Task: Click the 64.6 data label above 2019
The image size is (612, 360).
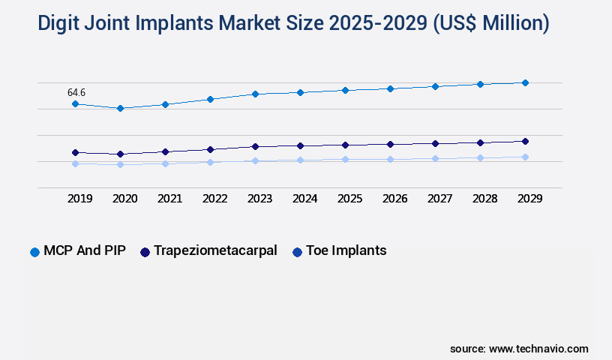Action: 76,92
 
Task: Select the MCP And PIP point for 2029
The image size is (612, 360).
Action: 525,82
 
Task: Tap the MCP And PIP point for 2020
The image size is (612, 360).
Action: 120,108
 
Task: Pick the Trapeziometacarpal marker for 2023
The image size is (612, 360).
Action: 255,146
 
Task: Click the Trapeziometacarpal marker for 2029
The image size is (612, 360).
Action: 525,141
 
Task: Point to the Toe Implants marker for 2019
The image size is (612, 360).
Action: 75,163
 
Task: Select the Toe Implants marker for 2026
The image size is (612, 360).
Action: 390,159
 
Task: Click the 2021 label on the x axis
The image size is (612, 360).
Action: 169,199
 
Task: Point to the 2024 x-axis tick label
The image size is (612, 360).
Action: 304,199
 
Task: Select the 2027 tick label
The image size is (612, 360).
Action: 439,199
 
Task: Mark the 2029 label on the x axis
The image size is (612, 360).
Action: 529,199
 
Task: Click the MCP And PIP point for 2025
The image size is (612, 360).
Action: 345,90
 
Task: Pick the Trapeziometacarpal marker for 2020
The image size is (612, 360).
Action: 120,154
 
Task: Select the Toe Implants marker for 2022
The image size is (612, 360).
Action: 210,162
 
